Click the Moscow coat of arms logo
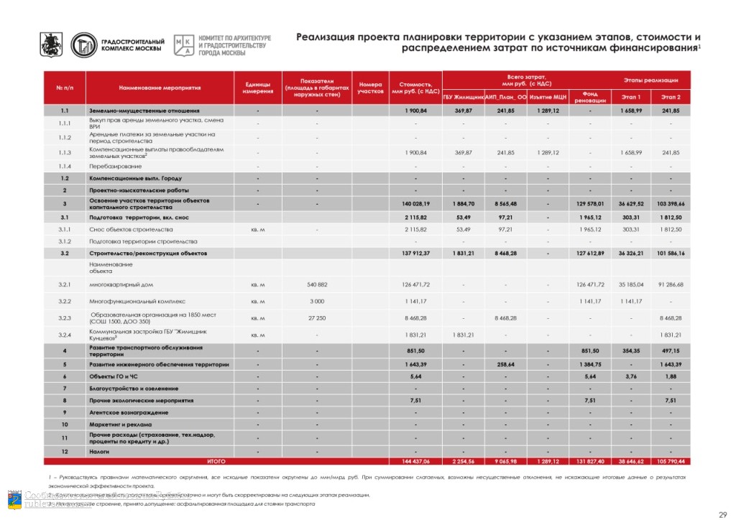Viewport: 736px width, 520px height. coord(51,45)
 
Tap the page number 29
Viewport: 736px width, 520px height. coord(722,509)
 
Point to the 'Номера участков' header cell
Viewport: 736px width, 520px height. coord(370,88)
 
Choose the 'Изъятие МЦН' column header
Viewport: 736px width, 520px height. coord(548,97)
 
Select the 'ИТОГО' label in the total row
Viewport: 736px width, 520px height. coord(216,461)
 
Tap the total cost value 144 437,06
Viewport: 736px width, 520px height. coord(415,461)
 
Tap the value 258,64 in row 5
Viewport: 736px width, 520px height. coord(505,366)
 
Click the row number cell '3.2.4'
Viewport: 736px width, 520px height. coord(65,335)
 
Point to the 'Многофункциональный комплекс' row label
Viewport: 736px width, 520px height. coord(137,302)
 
